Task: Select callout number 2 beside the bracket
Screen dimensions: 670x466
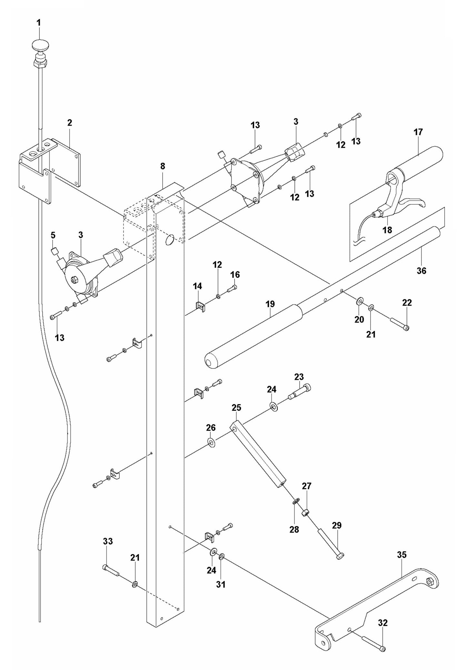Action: pyautogui.click(x=70, y=123)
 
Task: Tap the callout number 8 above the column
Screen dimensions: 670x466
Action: pyautogui.click(x=163, y=166)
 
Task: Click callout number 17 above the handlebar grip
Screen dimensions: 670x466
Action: pyautogui.click(x=418, y=132)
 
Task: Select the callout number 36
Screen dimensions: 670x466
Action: pyautogui.click(x=421, y=271)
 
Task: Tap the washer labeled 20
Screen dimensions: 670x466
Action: pyautogui.click(x=360, y=302)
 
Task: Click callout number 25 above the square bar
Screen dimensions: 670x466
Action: pyautogui.click(x=236, y=408)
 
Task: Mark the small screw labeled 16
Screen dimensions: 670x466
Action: pyautogui.click(x=232, y=289)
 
